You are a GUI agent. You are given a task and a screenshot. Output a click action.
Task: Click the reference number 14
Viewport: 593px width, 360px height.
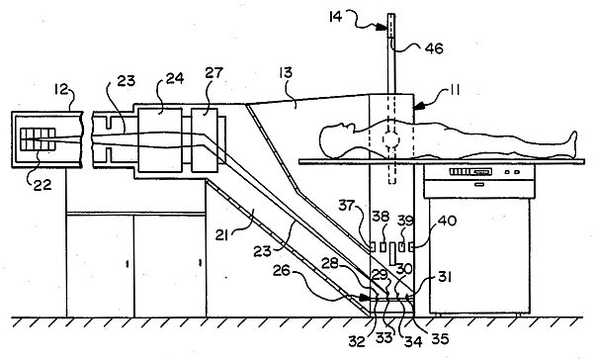335,17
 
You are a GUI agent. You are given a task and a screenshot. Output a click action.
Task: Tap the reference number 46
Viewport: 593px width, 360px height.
434,48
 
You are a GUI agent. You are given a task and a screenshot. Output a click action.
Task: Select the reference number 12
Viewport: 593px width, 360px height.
60,89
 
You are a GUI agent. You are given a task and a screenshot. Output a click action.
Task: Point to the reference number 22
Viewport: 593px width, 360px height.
42,185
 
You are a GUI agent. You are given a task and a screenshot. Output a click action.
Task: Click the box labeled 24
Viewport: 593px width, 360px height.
159,140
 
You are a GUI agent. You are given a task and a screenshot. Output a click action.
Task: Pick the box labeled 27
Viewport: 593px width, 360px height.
205,140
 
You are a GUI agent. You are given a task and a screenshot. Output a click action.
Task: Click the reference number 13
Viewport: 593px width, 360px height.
286,72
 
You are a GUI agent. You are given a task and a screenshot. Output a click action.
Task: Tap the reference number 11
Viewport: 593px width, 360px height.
454,90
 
